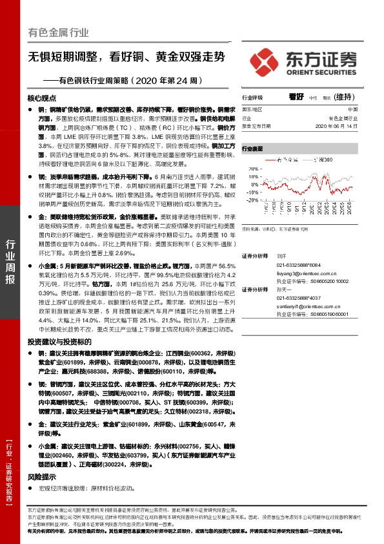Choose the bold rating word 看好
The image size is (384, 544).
(296, 97)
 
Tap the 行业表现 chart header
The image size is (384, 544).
(253, 149)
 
